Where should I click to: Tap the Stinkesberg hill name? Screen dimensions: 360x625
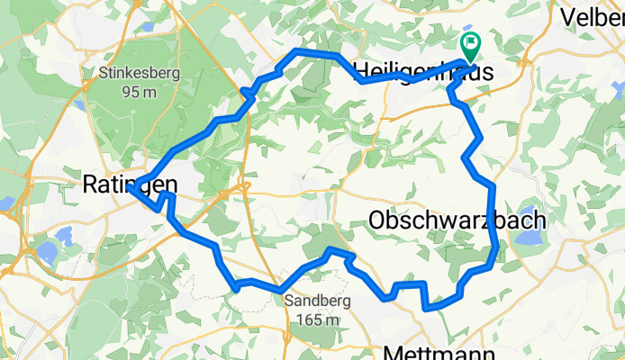click(141, 73)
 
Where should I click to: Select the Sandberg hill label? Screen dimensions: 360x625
click(311, 302)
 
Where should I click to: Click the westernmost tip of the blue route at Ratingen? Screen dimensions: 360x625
click(130, 189)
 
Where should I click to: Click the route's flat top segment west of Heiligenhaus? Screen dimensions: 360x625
click(316, 54)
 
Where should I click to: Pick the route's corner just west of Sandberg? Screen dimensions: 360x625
click(236, 288)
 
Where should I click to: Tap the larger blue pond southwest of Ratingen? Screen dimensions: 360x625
click(65, 238)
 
